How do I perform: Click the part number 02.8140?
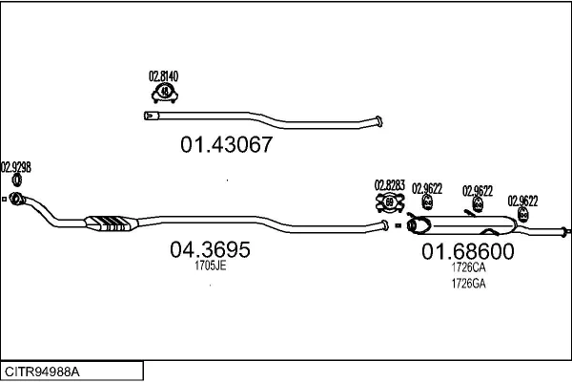click(x=164, y=75)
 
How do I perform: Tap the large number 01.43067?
click(x=227, y=145)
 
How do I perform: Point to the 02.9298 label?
click(x=16, y=166)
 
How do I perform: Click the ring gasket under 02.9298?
click(x=17, y=180)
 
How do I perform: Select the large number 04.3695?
click(x=210, y=250)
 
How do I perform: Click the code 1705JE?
click(x=210, y=266)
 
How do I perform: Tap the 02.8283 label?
click(x=390, y=185)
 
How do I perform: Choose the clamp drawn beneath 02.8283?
click(x=389, y=202)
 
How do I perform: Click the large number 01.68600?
click(x=468, y=252)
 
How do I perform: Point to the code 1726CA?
click(x=468, y=269)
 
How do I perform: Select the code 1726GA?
click(x=468, y=283)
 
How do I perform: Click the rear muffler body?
click(x=462, y=226)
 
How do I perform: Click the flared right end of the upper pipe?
click(x=378, y=120)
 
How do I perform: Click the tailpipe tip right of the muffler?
click(x=564, y=231)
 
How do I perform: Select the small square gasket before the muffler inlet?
click(x=398, y=226)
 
